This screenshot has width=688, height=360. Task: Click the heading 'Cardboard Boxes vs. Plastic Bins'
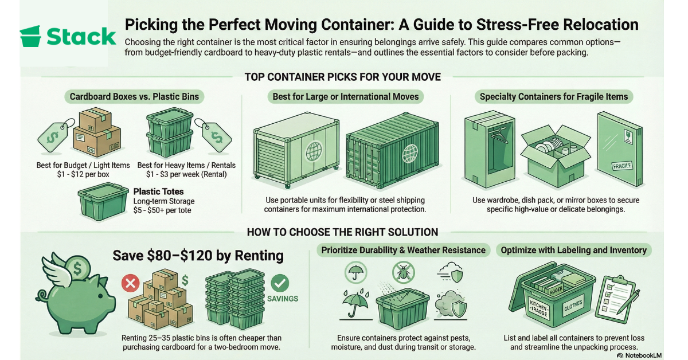134,96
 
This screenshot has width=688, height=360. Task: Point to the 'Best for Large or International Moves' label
345,96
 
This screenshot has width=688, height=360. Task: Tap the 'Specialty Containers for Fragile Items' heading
554,96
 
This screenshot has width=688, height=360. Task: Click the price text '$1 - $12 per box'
83,174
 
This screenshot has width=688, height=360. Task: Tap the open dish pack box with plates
555,151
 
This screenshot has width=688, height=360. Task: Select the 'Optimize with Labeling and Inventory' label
573,250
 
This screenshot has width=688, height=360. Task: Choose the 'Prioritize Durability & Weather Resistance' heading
403,250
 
